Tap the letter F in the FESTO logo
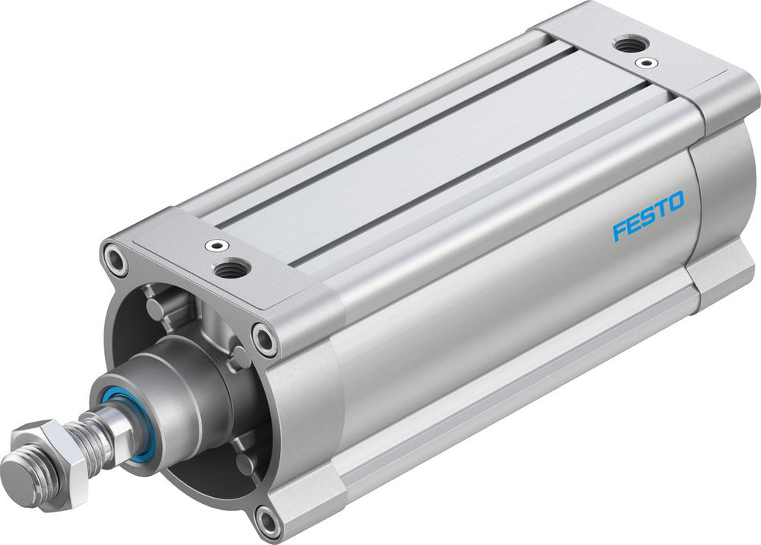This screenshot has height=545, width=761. point(619,229)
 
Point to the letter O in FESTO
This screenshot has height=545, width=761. point(675,202)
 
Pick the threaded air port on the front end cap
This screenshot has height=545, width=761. point(233,266)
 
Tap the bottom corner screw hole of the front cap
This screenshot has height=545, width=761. point(268,521)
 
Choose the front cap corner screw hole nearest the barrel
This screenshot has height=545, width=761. point(265,339)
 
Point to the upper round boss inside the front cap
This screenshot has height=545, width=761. point(156,308)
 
